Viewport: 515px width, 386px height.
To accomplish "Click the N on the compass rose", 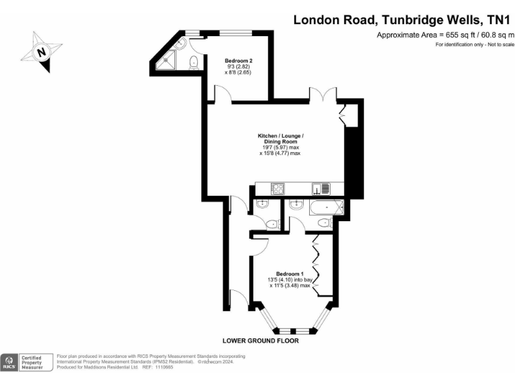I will click(42, 52).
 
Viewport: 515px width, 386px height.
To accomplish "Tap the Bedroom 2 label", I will click(238, 60).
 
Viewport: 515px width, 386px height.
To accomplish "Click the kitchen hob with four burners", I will click(278, 189).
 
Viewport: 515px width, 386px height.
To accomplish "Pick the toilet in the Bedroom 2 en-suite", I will click(194, 62).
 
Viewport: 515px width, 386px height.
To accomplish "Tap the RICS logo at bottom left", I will click(9, 363).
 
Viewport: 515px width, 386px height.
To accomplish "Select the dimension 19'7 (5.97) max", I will click(280, 147).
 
